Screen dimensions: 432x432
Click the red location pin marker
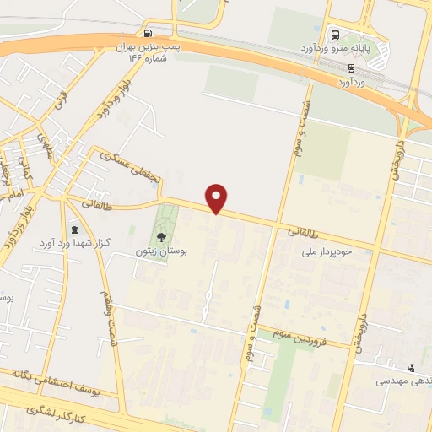tap(218, 198)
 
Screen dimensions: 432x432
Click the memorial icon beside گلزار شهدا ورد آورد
tap(74, 229)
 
